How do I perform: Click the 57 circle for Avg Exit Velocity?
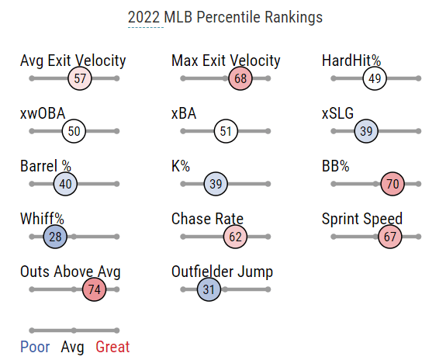(80, 78)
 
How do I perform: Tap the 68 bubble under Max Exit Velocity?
(240, 78)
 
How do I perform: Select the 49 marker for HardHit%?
(375, 78)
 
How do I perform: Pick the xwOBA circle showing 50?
(74, 131)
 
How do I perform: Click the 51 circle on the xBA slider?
(226, 131)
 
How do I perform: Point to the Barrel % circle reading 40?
(65, 184)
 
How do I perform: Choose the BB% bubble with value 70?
(392, 184)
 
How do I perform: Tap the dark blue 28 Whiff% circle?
(55, 237)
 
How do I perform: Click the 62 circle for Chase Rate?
(235, 237)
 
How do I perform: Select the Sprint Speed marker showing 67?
(390, 237)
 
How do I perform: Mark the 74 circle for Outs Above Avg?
(94, 289)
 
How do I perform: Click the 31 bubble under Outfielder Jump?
(209, 289)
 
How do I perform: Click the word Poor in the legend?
(35, 347)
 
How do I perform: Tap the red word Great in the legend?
(112, 347)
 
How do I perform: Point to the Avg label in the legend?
(73, 348)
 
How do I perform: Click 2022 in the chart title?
(143, 17)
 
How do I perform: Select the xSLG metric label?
(337, 113)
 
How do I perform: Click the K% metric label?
(181, 166)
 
